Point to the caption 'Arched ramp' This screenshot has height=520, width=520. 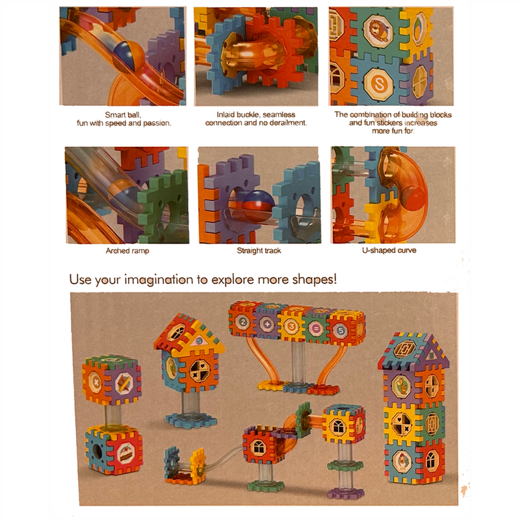pos(127,251)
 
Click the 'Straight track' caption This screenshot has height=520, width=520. pos(259,251)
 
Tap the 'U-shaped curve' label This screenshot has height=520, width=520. pos(389,250)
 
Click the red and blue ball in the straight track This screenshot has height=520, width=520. pos(258,205)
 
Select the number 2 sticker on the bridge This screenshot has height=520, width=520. pos(243,322)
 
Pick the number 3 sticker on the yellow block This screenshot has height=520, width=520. pos(291,326)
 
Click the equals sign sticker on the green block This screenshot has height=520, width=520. pos(315,328)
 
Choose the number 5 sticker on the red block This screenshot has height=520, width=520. pos(341,330)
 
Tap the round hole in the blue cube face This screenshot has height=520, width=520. pos(97,450)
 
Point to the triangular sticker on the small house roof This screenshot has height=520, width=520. pos(199,340)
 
